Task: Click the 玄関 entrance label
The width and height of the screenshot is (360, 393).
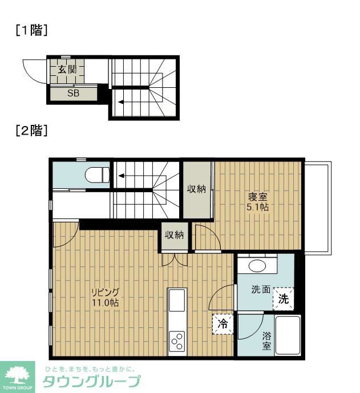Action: (x=67, y=70)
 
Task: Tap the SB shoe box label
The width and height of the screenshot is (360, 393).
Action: (x=73, y=94)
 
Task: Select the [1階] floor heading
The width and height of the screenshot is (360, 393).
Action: (x=31, y=31)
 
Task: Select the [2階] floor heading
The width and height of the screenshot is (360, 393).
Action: (x=31, y=130)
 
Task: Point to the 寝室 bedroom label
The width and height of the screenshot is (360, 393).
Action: (x=257, y=197)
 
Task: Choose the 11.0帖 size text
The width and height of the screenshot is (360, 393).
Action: (x=106, y=303)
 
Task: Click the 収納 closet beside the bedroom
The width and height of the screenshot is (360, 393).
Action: (x=197, y=189)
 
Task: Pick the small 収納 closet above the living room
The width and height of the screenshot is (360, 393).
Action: (x=174, y=235)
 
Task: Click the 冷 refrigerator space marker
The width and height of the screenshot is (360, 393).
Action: (x=223, y=323)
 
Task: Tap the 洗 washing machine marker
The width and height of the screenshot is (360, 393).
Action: (x=283, y=298)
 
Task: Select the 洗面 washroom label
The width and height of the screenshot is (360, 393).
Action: (x=261, y=290)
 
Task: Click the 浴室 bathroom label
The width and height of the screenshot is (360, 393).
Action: (x=266, y=341)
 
